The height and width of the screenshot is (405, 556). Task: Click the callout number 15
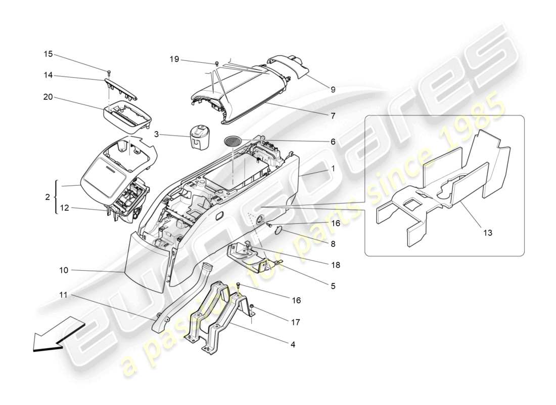click(x=48, y=54)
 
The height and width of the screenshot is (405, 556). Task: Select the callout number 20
click(x=48, y=97)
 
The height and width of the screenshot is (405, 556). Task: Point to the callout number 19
click(x=174, y=60)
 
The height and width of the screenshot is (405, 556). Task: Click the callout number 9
click(x=333, y=90)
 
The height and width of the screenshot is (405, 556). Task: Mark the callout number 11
click(x=63, y=295)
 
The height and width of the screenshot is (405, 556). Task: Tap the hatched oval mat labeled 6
click(x=233, y=141)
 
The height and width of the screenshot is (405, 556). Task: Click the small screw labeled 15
click(x=109, y=71)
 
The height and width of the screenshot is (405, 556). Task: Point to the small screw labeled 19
click(x=217, y=63)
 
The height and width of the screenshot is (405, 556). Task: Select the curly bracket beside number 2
click(x=56, y=196)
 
